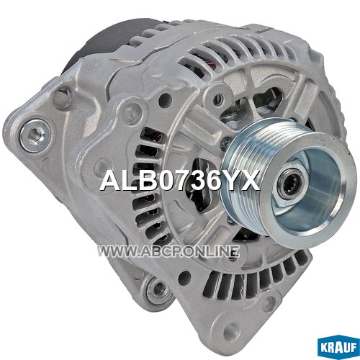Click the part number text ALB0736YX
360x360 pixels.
pos(180,180)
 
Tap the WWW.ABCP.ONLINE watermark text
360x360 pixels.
pos(168,252)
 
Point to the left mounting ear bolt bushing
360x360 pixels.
pos(35,135)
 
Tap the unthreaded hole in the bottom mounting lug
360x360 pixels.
pos(233,328)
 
